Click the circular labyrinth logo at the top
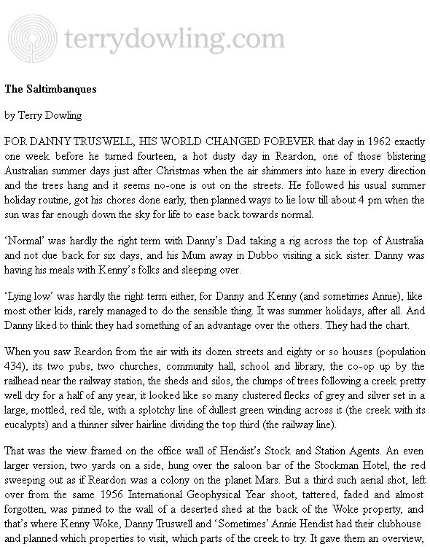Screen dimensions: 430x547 pyautogui.click(x=30, y=36)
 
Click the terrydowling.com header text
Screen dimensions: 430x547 pyautogui.click(x=174, y=36)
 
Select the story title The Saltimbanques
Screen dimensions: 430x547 pyautogui.click(x=50, y=90)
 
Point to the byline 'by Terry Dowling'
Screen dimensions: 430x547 pyautogui.click(x=43, y=115)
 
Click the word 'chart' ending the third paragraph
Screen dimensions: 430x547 pyautogui.click(x=407, y=326)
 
